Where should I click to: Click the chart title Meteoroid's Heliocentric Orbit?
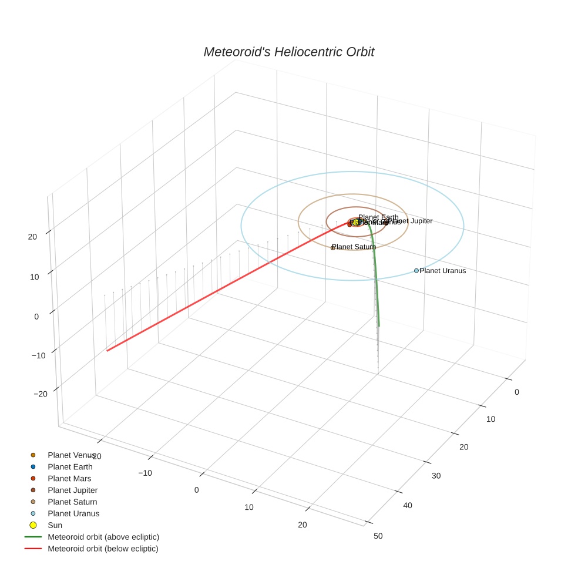pos(288,52)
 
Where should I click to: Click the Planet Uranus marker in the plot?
pos(416,271)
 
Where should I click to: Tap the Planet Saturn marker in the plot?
pos(333,248)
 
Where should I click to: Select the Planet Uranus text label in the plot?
pos(442,271)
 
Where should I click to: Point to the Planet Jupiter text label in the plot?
pos(411,221)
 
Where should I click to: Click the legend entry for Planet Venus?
pos(71,455)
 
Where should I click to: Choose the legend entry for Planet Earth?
pos(70,467)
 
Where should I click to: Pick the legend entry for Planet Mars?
pos(69,479)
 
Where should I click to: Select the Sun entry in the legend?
pos(55,525)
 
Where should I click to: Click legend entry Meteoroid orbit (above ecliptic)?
pos(103,537)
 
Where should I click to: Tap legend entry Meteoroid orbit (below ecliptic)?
pos(103,549)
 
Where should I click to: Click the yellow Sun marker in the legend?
pos(33,525)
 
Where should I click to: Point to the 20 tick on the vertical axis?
pos(32,237)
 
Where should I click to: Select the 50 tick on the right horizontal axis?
pos(378,536)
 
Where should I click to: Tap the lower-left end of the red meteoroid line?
pos(107,351)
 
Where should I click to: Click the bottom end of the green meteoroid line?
pos(379,325)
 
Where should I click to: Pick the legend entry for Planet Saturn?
pos(72,502)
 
